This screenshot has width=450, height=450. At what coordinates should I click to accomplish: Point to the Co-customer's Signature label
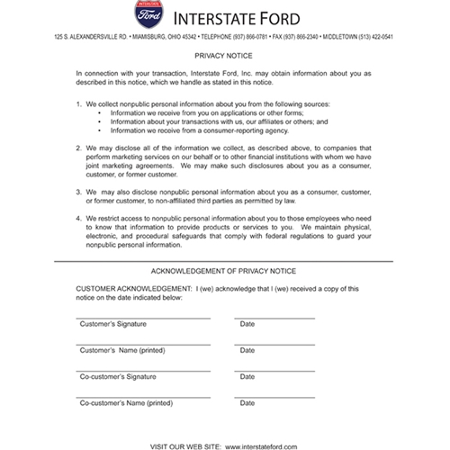tap(118, 377)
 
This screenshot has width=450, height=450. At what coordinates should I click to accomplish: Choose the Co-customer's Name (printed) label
tap(125, 404)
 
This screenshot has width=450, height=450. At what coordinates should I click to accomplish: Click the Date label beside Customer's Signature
tap(247, 323)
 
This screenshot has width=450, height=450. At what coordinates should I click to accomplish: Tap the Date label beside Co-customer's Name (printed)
tap(247, 404)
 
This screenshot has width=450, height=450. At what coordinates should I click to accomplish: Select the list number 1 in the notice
tap(79, 104)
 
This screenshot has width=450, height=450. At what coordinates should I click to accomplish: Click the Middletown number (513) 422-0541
tap(395, 38)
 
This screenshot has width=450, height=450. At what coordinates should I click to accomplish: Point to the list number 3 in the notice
tap(79, 191)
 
